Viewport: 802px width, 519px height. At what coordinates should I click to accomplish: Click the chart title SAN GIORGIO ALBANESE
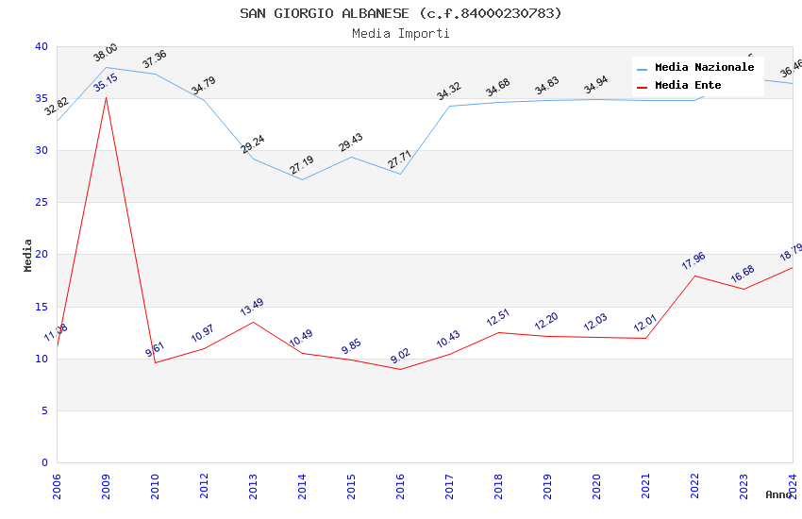pyautogui.click(x=400, y=13)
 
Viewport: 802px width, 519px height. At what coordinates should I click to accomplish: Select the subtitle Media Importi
pyautogui.click(x=400, y=33)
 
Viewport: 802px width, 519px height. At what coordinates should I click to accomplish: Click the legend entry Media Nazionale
pyautogui.click(x=704, y=67)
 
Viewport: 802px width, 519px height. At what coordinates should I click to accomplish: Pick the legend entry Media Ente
pyautogui.click(x=688, y=85)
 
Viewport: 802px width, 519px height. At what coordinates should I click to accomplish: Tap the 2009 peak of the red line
pyautogui.click(x=106, y=97)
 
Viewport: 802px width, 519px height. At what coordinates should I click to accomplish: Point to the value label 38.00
pyautogui.click(x=106, y=52)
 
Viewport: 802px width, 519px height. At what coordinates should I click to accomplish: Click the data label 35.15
pyautogui.click(x=106, y=83)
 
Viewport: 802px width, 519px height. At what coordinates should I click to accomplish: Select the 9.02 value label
pyautogui.click(x=400, y=355)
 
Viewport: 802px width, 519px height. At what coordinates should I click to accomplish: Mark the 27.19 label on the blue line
pyautogui.click(x=302, y=166)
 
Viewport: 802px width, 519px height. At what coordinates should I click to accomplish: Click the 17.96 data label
pyautogui.click(x=693, y=261)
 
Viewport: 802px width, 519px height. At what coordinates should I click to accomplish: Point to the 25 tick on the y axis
pyautogui.click(x=41, y=202)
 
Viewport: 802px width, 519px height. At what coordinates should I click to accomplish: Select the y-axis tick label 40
pyautogui.click(x=41, y=46)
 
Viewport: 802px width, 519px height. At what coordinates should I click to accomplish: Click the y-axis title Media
pyautogui.click(x=28, y=255)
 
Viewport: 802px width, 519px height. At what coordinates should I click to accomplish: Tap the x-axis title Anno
pyautogui.click(x=778, y=494)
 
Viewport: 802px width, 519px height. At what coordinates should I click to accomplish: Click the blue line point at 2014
pyautogui.click(x=302, y=179)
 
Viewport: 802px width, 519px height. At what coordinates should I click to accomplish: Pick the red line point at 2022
pyautogui.click(x=694, y=276)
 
